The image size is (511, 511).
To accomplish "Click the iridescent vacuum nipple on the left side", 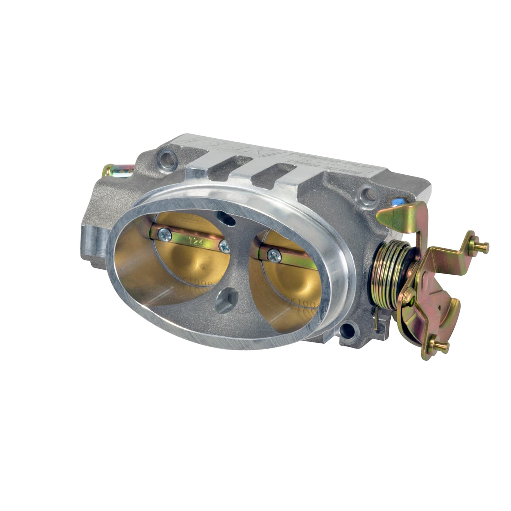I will (x=116, y=170).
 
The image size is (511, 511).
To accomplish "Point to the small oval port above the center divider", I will (x=227, y=219).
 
